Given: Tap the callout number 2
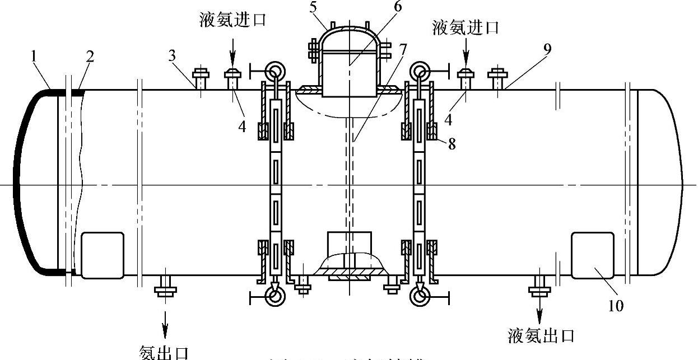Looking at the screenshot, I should pos(90,57).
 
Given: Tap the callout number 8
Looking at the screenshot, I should pos(452,144).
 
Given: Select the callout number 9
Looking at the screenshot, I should pos(547,49).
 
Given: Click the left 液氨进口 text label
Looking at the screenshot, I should pos(233,21).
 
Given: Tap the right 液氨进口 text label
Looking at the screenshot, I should pos(466,27).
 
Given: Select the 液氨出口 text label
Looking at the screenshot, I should pos(541,336).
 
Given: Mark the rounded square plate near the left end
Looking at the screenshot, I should pos(103,255).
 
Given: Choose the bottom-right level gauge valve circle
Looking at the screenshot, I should pos(421,296).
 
